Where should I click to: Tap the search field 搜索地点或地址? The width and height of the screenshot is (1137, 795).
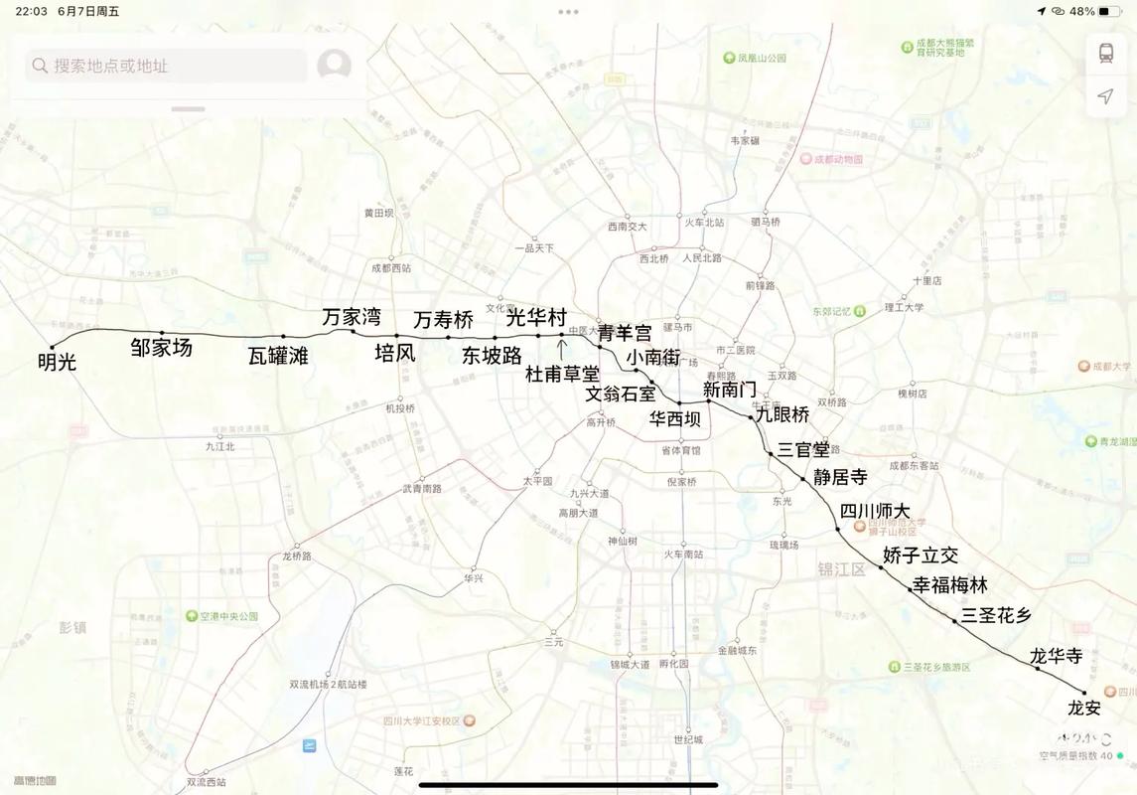tap(159, 66)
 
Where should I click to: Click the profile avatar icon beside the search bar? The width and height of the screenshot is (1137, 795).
tap(334, 66)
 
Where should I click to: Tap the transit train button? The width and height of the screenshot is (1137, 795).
tap(1105, 53)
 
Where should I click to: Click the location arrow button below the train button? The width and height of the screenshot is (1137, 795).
tap(1105, 96)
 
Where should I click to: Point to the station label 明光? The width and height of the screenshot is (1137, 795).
tap(57, 363)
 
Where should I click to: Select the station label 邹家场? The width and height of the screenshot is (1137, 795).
tap(162, 348)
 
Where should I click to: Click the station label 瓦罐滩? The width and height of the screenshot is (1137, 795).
tap(278, 356)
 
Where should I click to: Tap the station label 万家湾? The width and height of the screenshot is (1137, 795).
tap(352, 317)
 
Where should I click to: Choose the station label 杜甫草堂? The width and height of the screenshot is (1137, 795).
tap(563, 374)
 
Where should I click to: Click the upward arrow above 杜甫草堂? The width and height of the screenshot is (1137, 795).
tap(562, 348)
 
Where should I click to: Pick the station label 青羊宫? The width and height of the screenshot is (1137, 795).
tap(625, 333)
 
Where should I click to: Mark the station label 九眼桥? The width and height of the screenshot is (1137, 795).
tap(782, 414)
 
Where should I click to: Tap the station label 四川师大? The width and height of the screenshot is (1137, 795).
tap(874, 511)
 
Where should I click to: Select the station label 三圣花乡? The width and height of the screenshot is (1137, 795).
tap(996, 614)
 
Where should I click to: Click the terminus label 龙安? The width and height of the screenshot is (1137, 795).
tap(1084, 709)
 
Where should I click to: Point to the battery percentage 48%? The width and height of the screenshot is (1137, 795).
tap(1082, 11)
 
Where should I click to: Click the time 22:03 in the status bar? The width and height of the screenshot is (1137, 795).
tap(32, 11)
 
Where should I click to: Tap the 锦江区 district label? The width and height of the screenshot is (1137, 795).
tap(841, 568)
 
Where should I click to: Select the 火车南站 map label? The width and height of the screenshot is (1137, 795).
tap(683, 555)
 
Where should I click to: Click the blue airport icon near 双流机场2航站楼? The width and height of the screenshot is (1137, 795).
tap(310, 745)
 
